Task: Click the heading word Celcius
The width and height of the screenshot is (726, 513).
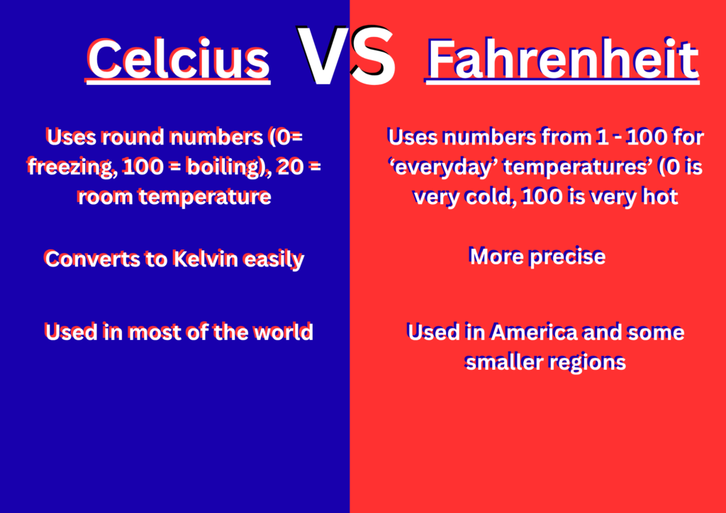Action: (x=178, y=60)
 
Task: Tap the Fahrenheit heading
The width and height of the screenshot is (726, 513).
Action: (x=562, y=60)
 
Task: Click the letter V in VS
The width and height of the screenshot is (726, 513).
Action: (x=323, y=56)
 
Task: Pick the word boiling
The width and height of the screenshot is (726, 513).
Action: (x=226, y=167)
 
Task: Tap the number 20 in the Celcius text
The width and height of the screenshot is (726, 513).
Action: (x=290, y=167)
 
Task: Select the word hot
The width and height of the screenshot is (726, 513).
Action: (x=661, y=196)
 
